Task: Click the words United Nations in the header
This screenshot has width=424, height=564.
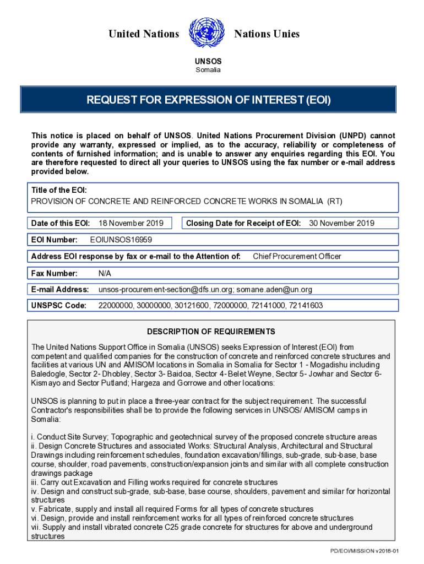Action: (144, 34)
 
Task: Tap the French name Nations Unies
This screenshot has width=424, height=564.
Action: (267, 34)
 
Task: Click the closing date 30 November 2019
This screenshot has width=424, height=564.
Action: (341, 223)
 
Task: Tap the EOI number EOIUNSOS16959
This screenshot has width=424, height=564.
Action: (121, 240)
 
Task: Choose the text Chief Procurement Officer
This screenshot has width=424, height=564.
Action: (297, 256)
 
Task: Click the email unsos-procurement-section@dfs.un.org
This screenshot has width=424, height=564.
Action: (166, 290)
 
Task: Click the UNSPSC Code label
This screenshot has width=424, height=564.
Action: (59, 306)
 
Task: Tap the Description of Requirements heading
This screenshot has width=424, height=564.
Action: (211, 332)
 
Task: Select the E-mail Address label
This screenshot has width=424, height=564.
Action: (60, 290)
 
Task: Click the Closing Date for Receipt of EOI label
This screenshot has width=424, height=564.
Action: (243, 223)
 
